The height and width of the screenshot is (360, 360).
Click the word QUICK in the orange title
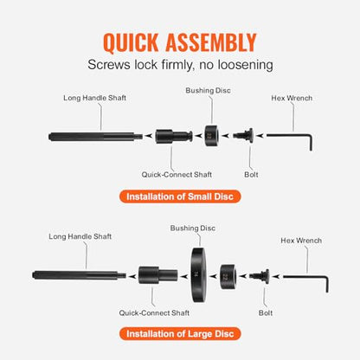pyautogui.click(x=131, y=43)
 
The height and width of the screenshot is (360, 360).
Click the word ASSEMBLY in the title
pyautogui.click(x=211, y=42)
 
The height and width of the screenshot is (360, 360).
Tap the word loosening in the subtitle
pyautogui.click(x=245, y=65)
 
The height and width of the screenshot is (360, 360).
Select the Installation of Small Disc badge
pyautogui.click(x=180, y=196)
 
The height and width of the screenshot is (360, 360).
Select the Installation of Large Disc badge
pyautogui.click(x=180, y=334)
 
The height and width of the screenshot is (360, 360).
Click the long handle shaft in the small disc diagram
pyautogui.click(x=95, y=137)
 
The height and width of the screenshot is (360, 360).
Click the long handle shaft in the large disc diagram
pyautogui.click(x=79, y=275)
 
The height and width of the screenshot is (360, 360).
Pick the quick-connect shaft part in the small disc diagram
pyautogui.click(x=174, y=137)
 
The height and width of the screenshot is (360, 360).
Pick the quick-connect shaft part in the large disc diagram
pyautogui.click(x=157, y=275)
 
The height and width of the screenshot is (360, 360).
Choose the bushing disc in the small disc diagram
pyautogui.click(x=211, y=136)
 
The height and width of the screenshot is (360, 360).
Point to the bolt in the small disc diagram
pyautogui.click(x=244, y=135)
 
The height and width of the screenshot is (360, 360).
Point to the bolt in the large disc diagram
pyautogui.click(x=260, y=276)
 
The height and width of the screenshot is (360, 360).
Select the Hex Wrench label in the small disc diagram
pyautogui.click(x=292, y=98)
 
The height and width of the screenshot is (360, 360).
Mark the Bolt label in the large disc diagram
pyautogui.click(x=266, y=313)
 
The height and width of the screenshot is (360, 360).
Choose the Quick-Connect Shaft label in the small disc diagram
pyautogui.click(x=177, y=175)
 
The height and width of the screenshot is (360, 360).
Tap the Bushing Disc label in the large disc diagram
pyautogui.click(x=193, y=228)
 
